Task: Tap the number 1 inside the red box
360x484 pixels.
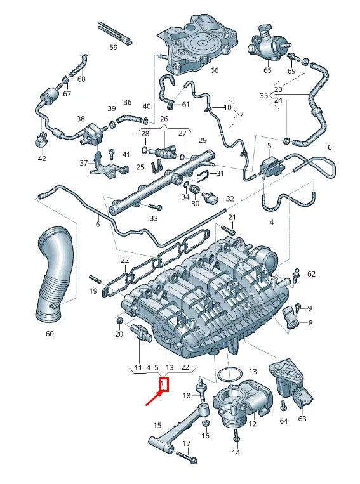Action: [163, 384]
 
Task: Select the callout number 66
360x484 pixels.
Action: [214, 70]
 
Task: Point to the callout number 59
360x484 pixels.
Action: [114, 48]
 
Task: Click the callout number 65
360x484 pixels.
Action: [267, 70]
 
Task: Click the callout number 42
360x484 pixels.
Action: [42, 159]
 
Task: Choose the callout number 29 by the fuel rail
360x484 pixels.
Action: [203, 140]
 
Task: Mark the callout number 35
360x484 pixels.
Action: [263, 95]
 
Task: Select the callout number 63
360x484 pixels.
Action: [302, 418]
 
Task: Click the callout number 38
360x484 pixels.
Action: [81, 119]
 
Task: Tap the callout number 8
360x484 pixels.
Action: [310, 323]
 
